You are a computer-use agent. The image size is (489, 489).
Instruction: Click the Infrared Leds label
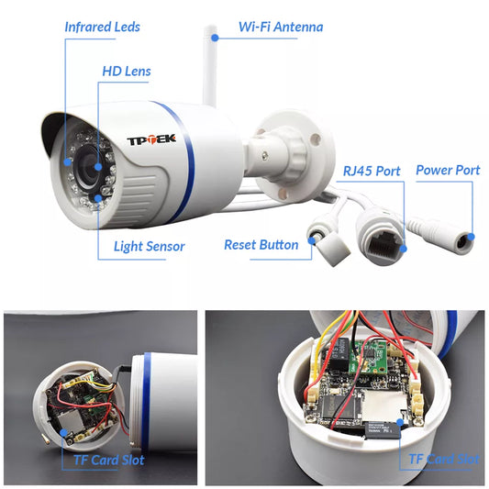(x=103, y=27)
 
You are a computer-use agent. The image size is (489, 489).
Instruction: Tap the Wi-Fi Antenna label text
(x=281, y=27)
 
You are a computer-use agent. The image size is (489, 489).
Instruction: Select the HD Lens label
(x=127, y=71)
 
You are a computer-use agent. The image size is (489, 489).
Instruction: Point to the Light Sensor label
(x=149, y=246)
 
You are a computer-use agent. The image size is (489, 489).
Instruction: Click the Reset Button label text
(x=261, y=245)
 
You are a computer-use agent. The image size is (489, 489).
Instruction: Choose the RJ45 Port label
(x=372, y=171)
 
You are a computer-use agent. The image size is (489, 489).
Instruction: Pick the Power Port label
(x=448, y=171)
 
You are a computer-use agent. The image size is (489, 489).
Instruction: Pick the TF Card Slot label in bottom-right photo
(x=443, y=458)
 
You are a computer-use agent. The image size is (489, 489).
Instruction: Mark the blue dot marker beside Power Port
(x=472, y=237)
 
